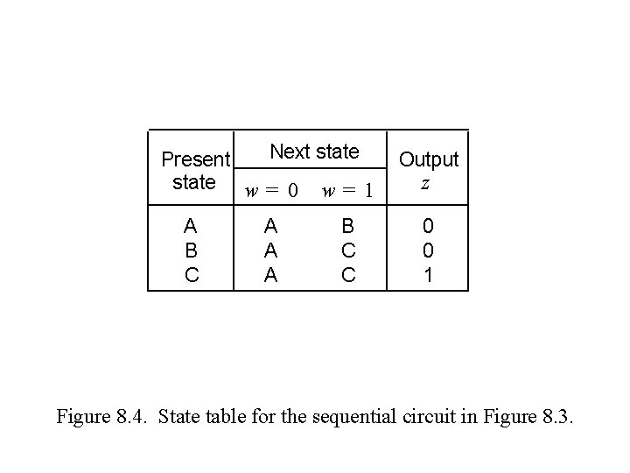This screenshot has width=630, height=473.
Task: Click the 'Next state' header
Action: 314,152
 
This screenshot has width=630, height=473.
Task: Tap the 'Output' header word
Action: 428,159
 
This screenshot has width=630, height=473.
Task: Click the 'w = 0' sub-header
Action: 270,189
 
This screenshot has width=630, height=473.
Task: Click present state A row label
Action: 192,226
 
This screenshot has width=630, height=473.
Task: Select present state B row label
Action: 192,251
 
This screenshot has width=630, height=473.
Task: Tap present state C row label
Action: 192,275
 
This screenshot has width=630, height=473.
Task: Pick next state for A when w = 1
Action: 347,226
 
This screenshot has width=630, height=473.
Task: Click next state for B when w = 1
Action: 347,251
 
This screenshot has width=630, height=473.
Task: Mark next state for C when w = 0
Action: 271,275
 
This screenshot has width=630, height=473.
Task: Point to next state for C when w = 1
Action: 347,275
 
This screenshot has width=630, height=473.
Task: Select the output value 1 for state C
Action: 427,275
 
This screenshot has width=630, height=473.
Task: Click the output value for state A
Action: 427,226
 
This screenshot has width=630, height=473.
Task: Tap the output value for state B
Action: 427,251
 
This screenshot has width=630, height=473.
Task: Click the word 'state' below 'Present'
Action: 194,182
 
